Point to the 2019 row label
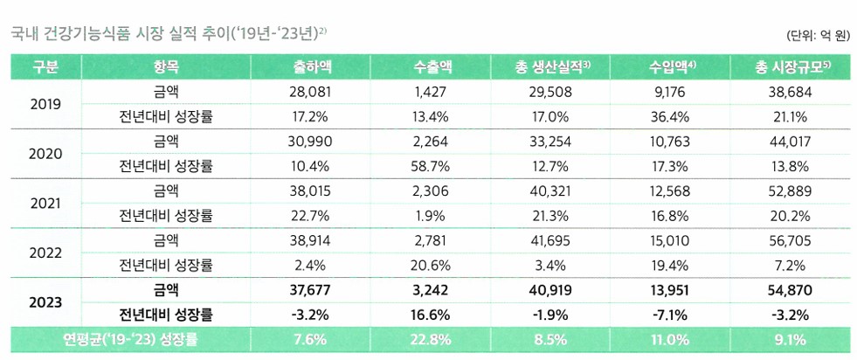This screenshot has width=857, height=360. point(45,104)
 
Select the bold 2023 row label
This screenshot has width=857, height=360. point(45,302)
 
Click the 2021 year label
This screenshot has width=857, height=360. point(45,203)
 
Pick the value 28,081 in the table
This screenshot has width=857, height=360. point(312,91)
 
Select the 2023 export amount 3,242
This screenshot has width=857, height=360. point(433,289)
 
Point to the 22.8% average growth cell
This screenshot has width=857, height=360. point(433,340)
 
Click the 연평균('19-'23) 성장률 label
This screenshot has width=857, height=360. point(128,340)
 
